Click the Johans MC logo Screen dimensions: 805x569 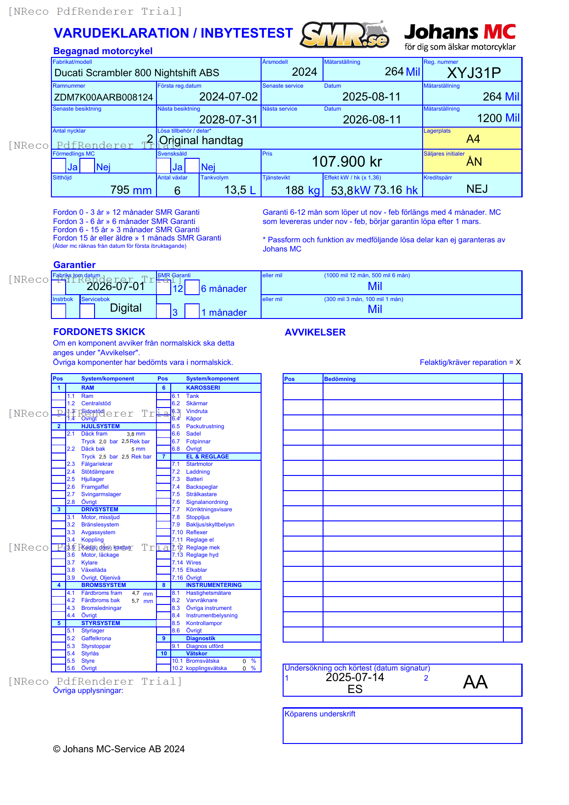[x=460, y=37]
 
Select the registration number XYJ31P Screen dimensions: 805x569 [x=474, y=73]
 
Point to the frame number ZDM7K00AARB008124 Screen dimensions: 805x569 [x=103, y=97]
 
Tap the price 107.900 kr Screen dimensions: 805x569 [x=347, y=162]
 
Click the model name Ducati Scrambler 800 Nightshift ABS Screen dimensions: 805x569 [x=137, y=73]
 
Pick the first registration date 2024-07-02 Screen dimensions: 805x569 [x=229, y=97]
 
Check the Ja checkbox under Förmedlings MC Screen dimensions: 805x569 [x=59, y=166]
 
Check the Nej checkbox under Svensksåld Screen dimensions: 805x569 [x=192, y=166]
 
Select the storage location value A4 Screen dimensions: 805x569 [x=473, y=139]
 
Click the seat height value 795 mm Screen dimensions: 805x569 [x=131, y=190]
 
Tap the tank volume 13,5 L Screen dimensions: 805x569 [x=240, y=190]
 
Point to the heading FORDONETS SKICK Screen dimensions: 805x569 [x=99, y=332]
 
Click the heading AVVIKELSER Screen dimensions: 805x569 [x=315, y=332]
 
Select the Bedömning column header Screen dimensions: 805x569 [x=340, y=379]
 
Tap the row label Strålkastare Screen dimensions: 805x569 [x=201, y=494]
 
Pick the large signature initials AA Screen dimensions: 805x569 [x=475, y=682]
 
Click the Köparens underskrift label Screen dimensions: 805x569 [x=320, y=714]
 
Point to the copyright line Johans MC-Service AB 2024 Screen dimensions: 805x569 [x=119, y=749]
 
